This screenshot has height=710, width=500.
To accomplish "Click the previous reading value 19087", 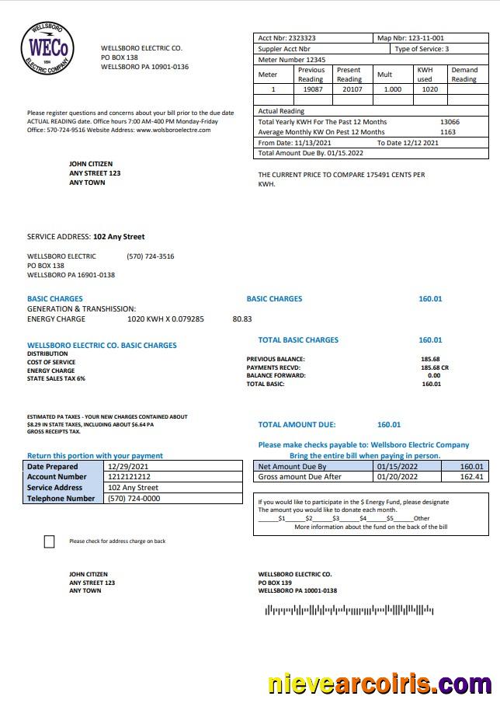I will pos(311,89).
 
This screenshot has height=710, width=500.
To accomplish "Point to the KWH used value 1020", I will pos(429,89).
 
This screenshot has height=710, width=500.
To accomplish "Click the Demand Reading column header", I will pos(464,75).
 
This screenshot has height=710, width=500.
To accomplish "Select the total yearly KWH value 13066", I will pos(449,122).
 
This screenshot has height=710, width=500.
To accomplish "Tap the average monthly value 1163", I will pos(448,132).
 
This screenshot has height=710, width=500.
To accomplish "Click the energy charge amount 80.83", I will pos(242,319).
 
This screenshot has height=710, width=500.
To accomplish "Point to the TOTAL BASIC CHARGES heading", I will pos(298,340).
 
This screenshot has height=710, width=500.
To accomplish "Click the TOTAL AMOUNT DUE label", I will pos(297,425).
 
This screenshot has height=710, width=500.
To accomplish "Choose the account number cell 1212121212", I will pos(129,477).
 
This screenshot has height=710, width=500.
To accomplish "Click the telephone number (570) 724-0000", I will pos(134,499).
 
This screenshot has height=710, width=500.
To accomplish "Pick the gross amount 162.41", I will pos(471,477).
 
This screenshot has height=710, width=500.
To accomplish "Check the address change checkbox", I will pos(50,541).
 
